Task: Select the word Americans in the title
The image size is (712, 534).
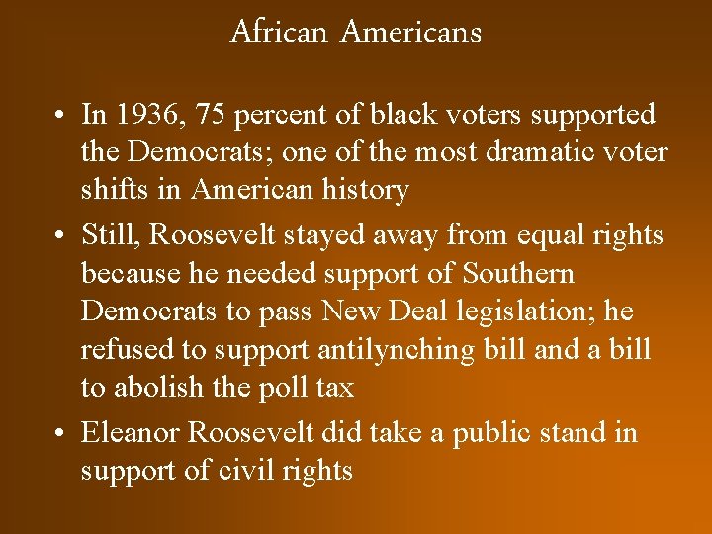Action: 410,32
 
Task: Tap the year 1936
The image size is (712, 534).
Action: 151,115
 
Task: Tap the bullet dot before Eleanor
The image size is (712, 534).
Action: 61,433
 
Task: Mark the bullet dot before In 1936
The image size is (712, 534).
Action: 61,116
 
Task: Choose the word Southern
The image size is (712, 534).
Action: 519,273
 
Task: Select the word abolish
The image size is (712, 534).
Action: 157,387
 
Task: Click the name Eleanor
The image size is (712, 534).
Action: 130,432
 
